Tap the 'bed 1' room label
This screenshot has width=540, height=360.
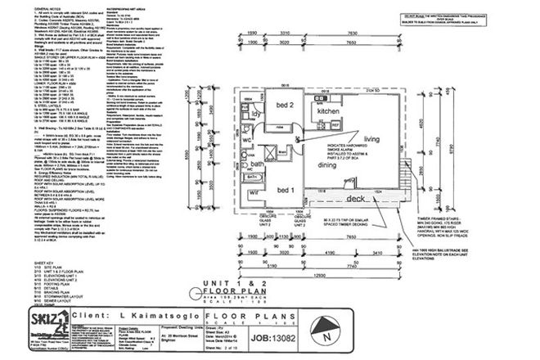tap(284, 190)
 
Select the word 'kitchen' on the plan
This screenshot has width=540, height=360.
tap(328, 110)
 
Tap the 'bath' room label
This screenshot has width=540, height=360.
tap(255, 164)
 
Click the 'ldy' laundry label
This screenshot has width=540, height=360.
tap(255, 115)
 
